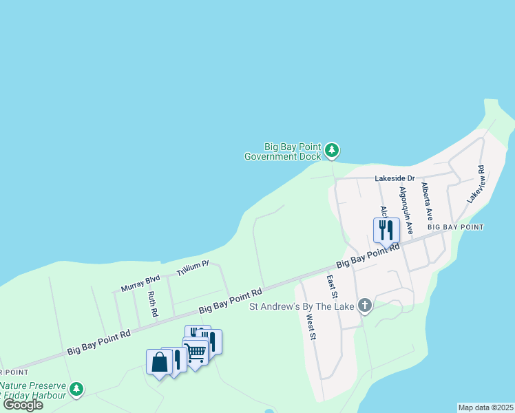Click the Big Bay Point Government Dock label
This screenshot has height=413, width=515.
pyautogui.click(x=283, y=151)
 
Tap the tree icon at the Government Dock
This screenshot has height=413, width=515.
pyautogui.click(x=333, y=149)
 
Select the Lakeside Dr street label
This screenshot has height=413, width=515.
pyautogui.click(x=395, y=178)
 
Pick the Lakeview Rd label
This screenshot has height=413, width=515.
pyautogui.click(x=476, y=184)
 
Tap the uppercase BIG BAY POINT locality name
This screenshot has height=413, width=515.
pyautogui.click(x=455, y=226)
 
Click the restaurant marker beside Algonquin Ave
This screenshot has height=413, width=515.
pyautogui.click(x=386, y=230)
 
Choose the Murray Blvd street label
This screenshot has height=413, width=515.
pyautogui.click(x=140, y=283)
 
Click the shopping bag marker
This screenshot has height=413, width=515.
pyautogui.click(x=159, y=362)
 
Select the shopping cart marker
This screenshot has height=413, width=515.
pyautogui.click(x=196, y=352)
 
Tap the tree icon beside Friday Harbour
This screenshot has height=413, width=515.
pyautogui.click(x=77, y=390)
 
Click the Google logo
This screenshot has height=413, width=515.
pyautogui.click(x=23, y=405)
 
